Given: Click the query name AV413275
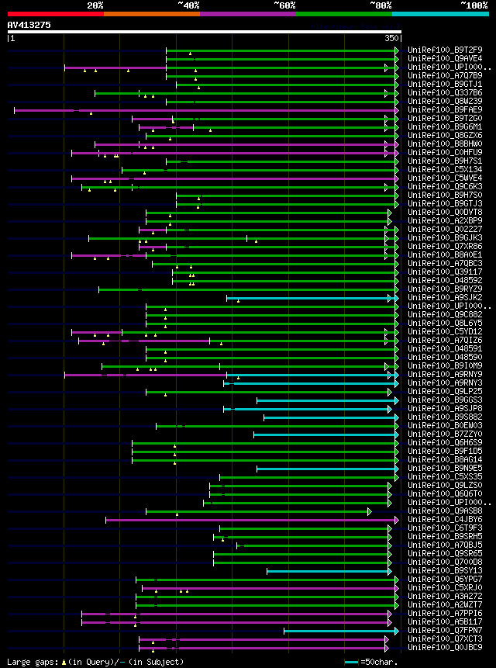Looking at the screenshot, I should [x=29, y=25].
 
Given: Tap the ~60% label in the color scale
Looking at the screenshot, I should [x=284, y=5].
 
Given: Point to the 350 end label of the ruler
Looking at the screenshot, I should [x=391, y=37].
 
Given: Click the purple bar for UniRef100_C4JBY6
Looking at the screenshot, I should [x=248, y=520].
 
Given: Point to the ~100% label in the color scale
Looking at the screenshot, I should [x=474, y=5].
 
